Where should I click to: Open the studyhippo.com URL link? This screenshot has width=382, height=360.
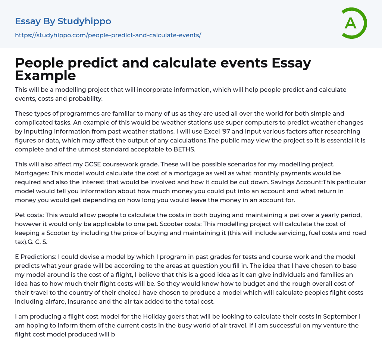(108, 35)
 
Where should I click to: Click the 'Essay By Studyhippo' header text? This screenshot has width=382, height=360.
(63, 21)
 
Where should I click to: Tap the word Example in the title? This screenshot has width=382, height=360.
(46, 76)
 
